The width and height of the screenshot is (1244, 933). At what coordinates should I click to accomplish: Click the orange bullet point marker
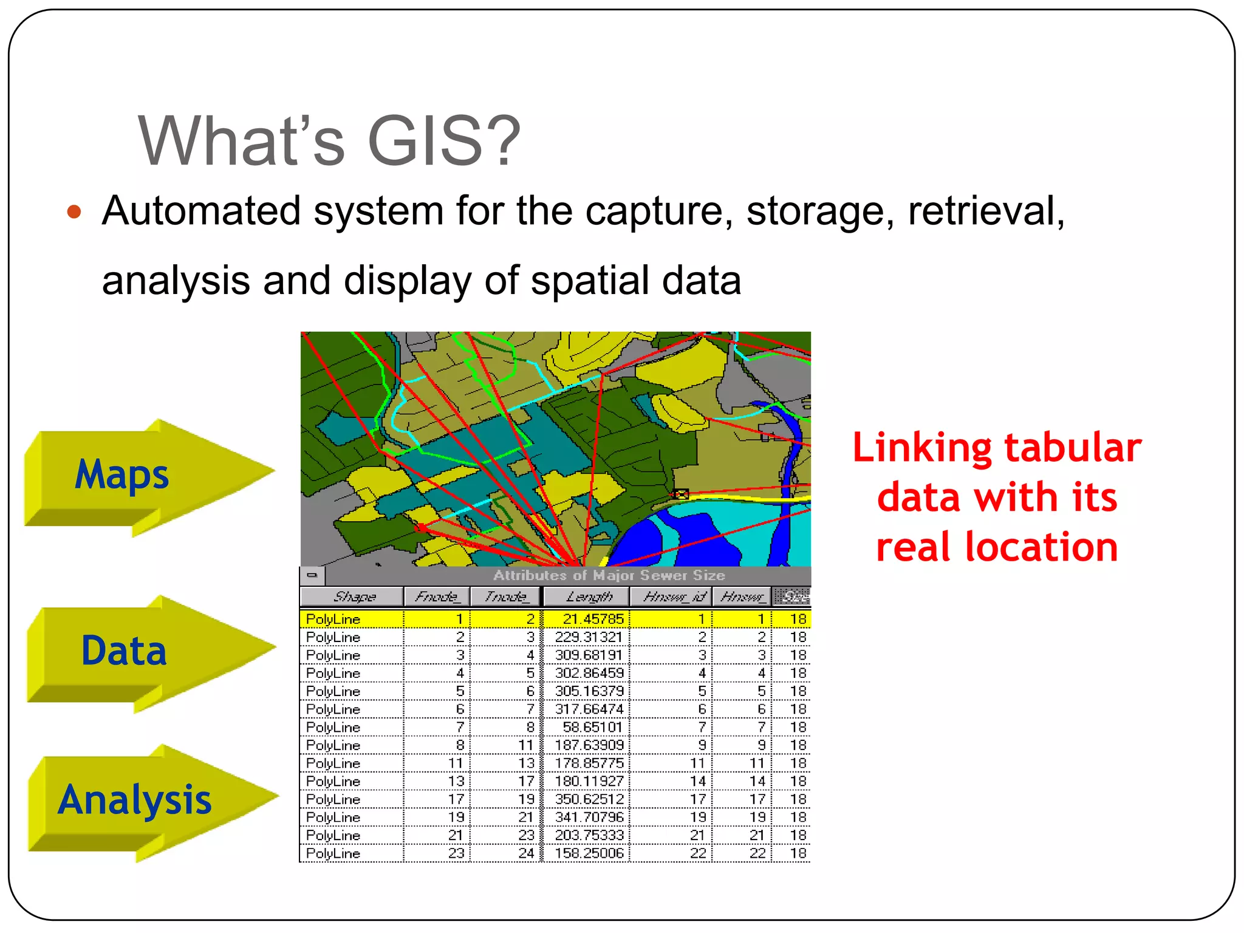tap(74, 212)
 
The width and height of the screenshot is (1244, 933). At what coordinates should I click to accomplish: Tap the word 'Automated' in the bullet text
tap(201, 211)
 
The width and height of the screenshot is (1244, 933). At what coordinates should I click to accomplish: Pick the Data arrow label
tap(124, 651)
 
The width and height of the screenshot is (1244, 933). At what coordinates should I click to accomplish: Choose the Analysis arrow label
tap(135, 799)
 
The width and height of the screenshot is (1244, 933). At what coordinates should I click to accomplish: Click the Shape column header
tap(352, 596)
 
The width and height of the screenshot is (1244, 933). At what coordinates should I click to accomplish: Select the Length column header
tap(587, 596)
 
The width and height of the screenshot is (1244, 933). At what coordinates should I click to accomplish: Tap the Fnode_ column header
tap(437, 596)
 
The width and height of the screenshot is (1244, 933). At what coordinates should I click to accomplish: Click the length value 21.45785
tap(592, 619)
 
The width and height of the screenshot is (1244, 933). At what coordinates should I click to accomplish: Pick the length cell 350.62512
tap(589, 799)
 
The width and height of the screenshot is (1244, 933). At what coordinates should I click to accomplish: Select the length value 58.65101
tap(592, 727)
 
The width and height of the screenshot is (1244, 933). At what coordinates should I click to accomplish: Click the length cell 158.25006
tap(589, 853)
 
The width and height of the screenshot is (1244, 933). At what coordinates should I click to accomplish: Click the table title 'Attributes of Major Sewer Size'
tap(609, 575)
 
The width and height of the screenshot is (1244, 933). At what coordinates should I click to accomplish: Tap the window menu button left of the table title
tap(312, 575)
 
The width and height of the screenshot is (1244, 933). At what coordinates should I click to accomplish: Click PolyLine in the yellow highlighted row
tap(333, 619)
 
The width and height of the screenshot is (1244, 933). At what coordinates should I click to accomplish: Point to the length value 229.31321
tap(589, 637)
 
